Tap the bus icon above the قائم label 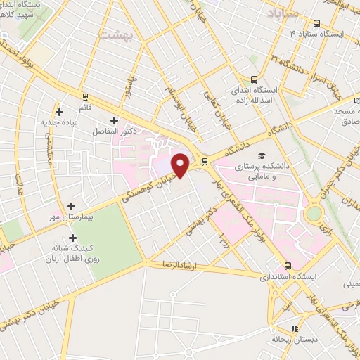tap(85, 97)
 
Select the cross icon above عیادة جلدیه tap(60, 111)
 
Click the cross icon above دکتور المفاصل tap(114, 120)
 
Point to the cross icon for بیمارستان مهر tap(70, 205)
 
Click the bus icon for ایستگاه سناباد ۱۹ tap(317, 22)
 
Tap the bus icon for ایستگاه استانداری tap(288, 265)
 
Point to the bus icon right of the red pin tap(205, 161)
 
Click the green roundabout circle tap(314, 212)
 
